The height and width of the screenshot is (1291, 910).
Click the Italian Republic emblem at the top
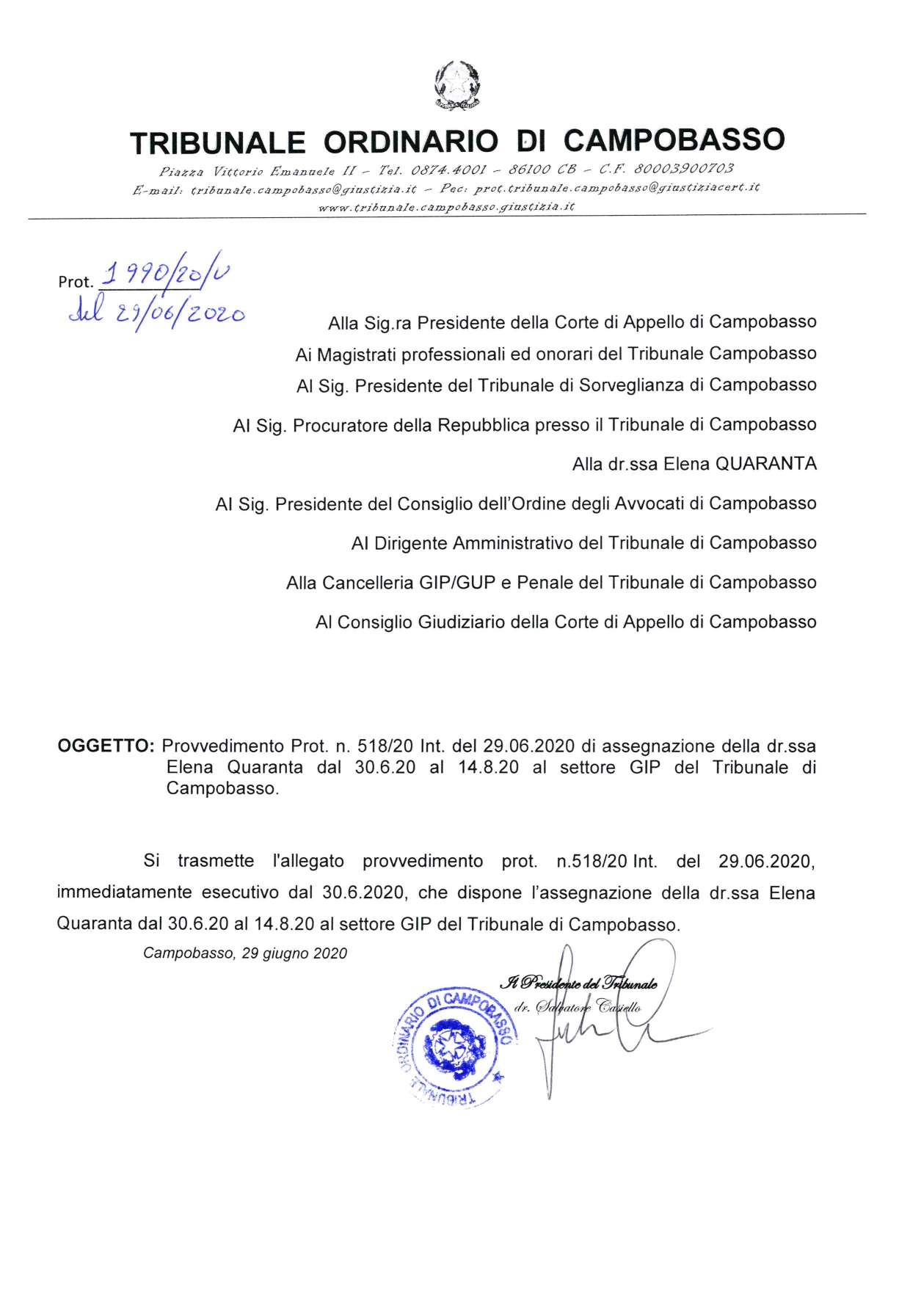point(457,86)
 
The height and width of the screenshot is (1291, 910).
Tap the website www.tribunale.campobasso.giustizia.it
point(446,207)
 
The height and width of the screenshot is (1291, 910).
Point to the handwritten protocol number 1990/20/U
point(166,276)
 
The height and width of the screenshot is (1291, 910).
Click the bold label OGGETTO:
point(106,746)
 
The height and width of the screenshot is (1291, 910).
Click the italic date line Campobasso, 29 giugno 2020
point(245,953)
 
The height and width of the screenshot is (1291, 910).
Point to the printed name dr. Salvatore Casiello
point(578,1007)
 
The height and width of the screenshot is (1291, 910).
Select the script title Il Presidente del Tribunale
point(578,983)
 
